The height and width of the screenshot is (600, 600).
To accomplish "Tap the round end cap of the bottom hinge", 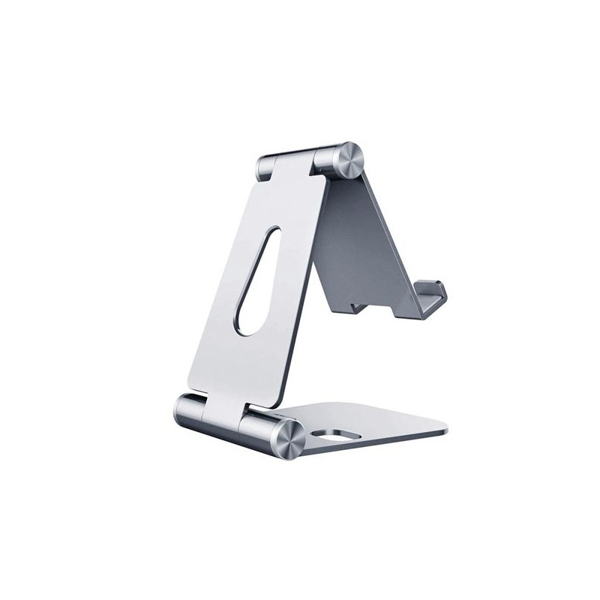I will pos(288,439).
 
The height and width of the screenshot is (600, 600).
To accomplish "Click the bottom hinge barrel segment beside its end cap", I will pos(256,429).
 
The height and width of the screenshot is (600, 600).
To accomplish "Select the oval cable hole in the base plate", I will pos(334,435).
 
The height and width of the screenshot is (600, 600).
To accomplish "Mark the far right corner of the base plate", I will pos(448,433).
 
